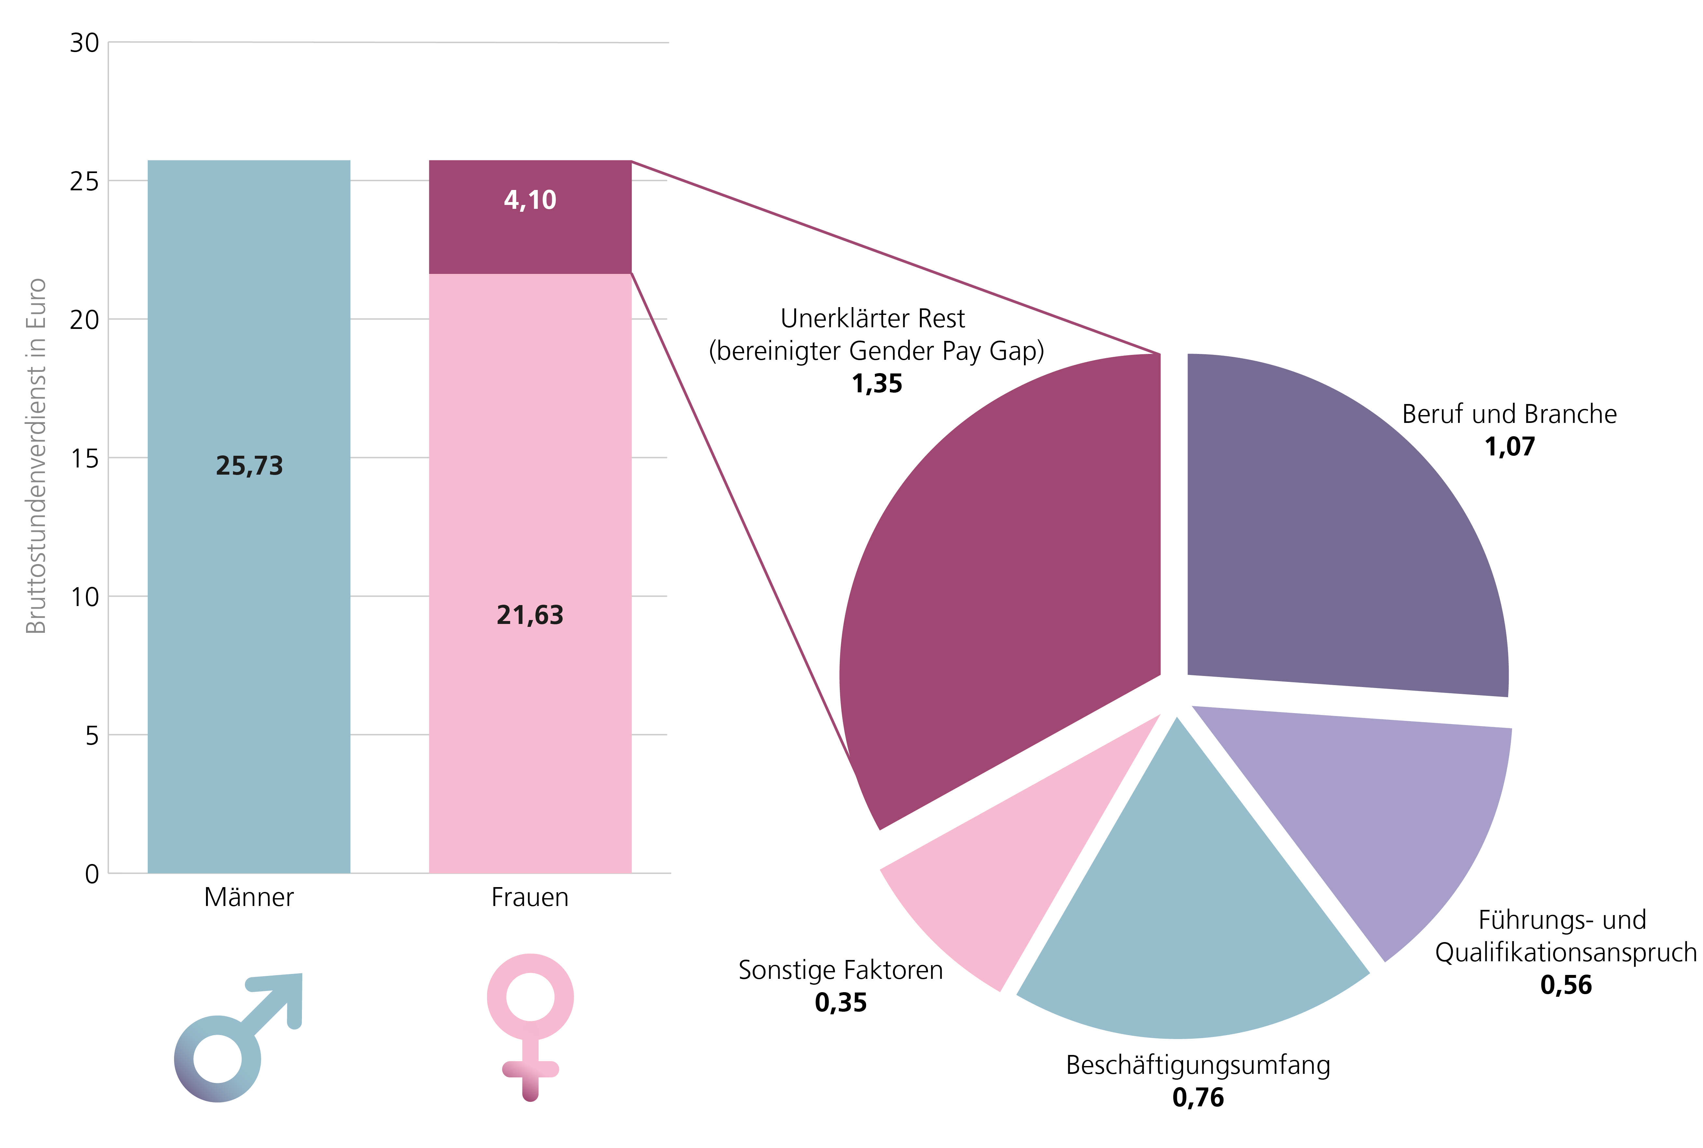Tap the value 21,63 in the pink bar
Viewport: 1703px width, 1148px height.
(x=530, y=615)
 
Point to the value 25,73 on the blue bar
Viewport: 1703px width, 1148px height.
(x=249, y=466)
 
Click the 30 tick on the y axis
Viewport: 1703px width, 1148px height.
(x=84, y=43)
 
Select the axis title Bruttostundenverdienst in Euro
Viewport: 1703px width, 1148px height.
(x=37, y=455)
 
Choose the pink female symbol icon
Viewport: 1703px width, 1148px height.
(x=530, y=1025)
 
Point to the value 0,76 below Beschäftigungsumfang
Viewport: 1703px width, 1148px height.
(x=1198, y=1098)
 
